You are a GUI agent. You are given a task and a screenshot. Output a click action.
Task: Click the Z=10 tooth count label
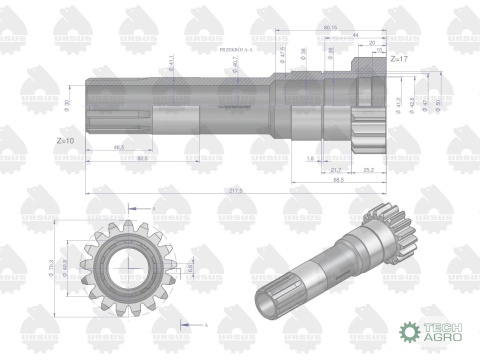(66, 141)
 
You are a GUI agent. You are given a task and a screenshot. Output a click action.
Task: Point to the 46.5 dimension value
(119, 147)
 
